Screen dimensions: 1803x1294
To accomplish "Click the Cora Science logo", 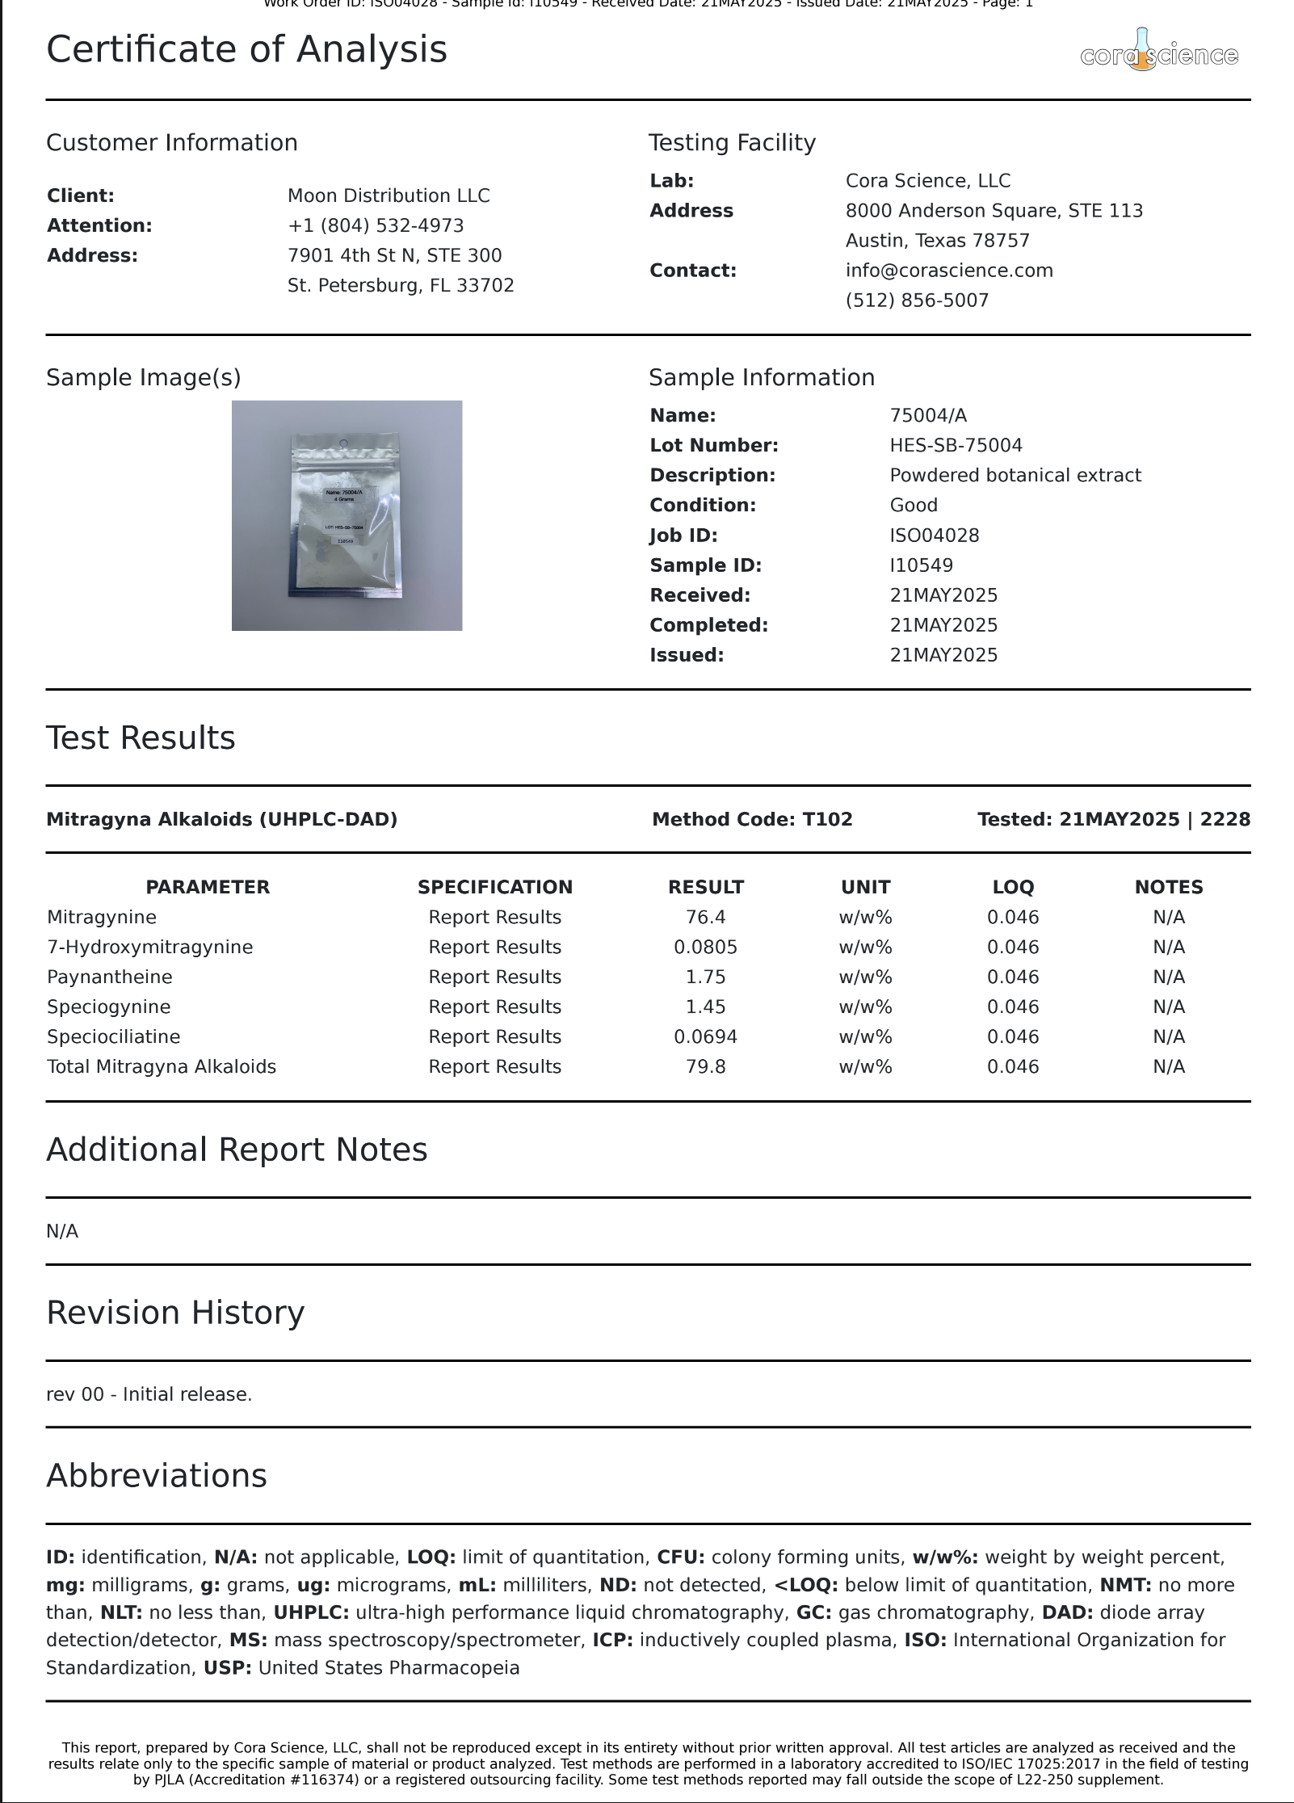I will click(1158, 53).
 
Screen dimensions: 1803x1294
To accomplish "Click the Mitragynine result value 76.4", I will click(705, 917).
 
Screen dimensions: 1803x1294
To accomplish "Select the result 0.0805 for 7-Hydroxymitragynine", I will click(705, 947).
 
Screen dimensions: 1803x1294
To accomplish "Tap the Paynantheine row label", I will click(110, 977).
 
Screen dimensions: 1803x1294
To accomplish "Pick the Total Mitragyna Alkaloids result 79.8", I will click(705, 1066).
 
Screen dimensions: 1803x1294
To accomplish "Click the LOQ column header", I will click(1013, 887).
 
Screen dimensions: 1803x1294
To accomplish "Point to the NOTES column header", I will click(1168, 887).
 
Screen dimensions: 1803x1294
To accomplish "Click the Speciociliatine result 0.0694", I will click(705, 1036).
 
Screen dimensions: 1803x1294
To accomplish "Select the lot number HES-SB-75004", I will click(956, 445).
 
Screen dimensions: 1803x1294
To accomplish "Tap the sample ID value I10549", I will click(921, 565).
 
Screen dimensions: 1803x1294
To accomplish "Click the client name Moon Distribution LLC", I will click(389, 195).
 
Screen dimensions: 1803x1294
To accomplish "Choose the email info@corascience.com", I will click(949, 271).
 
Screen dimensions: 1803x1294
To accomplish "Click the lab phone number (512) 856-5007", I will click(917, 300).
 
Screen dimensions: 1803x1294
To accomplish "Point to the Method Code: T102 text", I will click(752, 819).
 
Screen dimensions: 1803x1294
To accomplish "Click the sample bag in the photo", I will click(346, 517).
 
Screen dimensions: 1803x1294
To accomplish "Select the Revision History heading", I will click(175, 1313).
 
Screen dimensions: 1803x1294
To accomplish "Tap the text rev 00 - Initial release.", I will click(149, 1394).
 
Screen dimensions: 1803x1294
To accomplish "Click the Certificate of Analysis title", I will click(246, 49).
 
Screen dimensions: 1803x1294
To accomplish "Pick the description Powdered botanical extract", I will click(1015, 475).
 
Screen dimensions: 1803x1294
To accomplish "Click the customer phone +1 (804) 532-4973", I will click(376, 225).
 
